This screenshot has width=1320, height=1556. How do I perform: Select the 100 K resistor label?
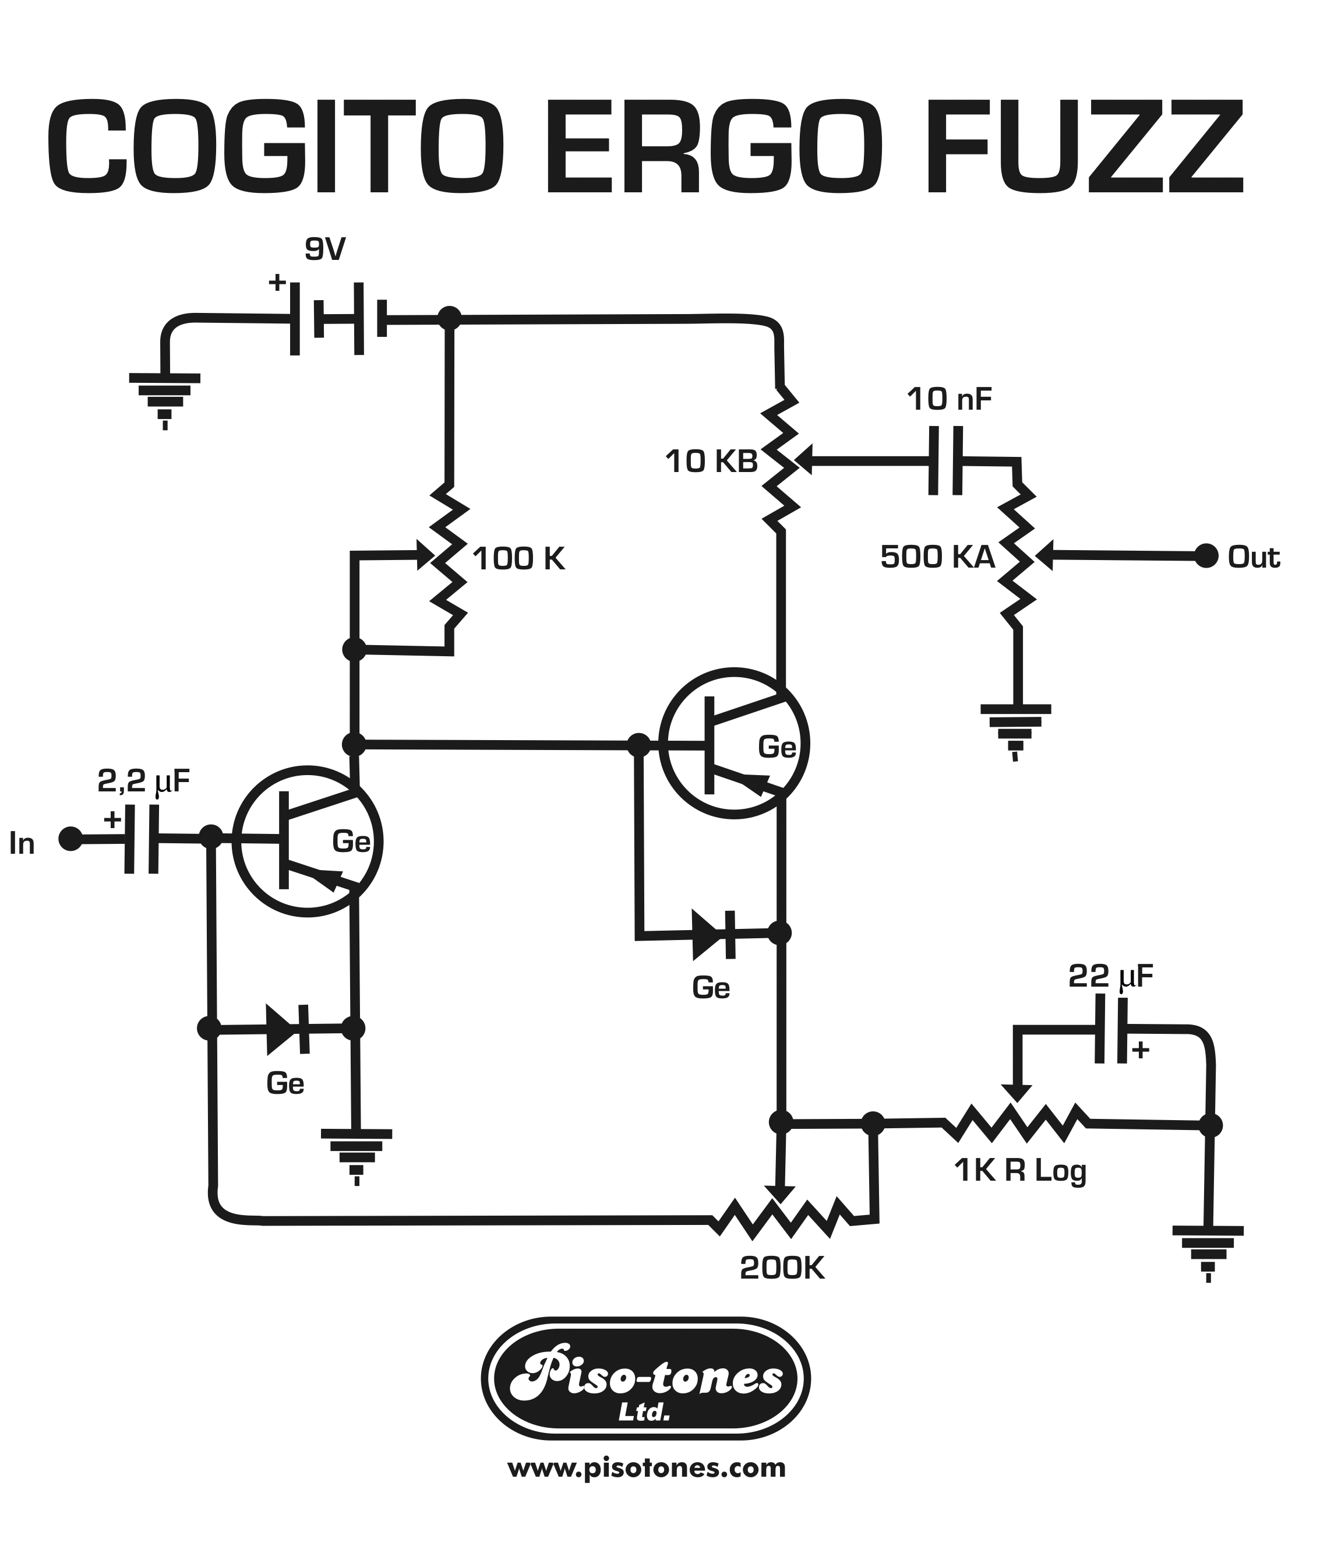coord(518,559)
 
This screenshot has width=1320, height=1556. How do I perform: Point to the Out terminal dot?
coord(1205,556)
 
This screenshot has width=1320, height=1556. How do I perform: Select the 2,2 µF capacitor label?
coord(144,781)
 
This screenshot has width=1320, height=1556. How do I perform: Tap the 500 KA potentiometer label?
coord(937,557)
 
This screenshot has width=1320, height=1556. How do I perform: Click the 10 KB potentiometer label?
coord(711,462)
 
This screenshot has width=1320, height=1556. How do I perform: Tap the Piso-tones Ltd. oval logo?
coord(645,1379)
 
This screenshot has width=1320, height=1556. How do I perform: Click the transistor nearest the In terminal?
coord(308,840)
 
